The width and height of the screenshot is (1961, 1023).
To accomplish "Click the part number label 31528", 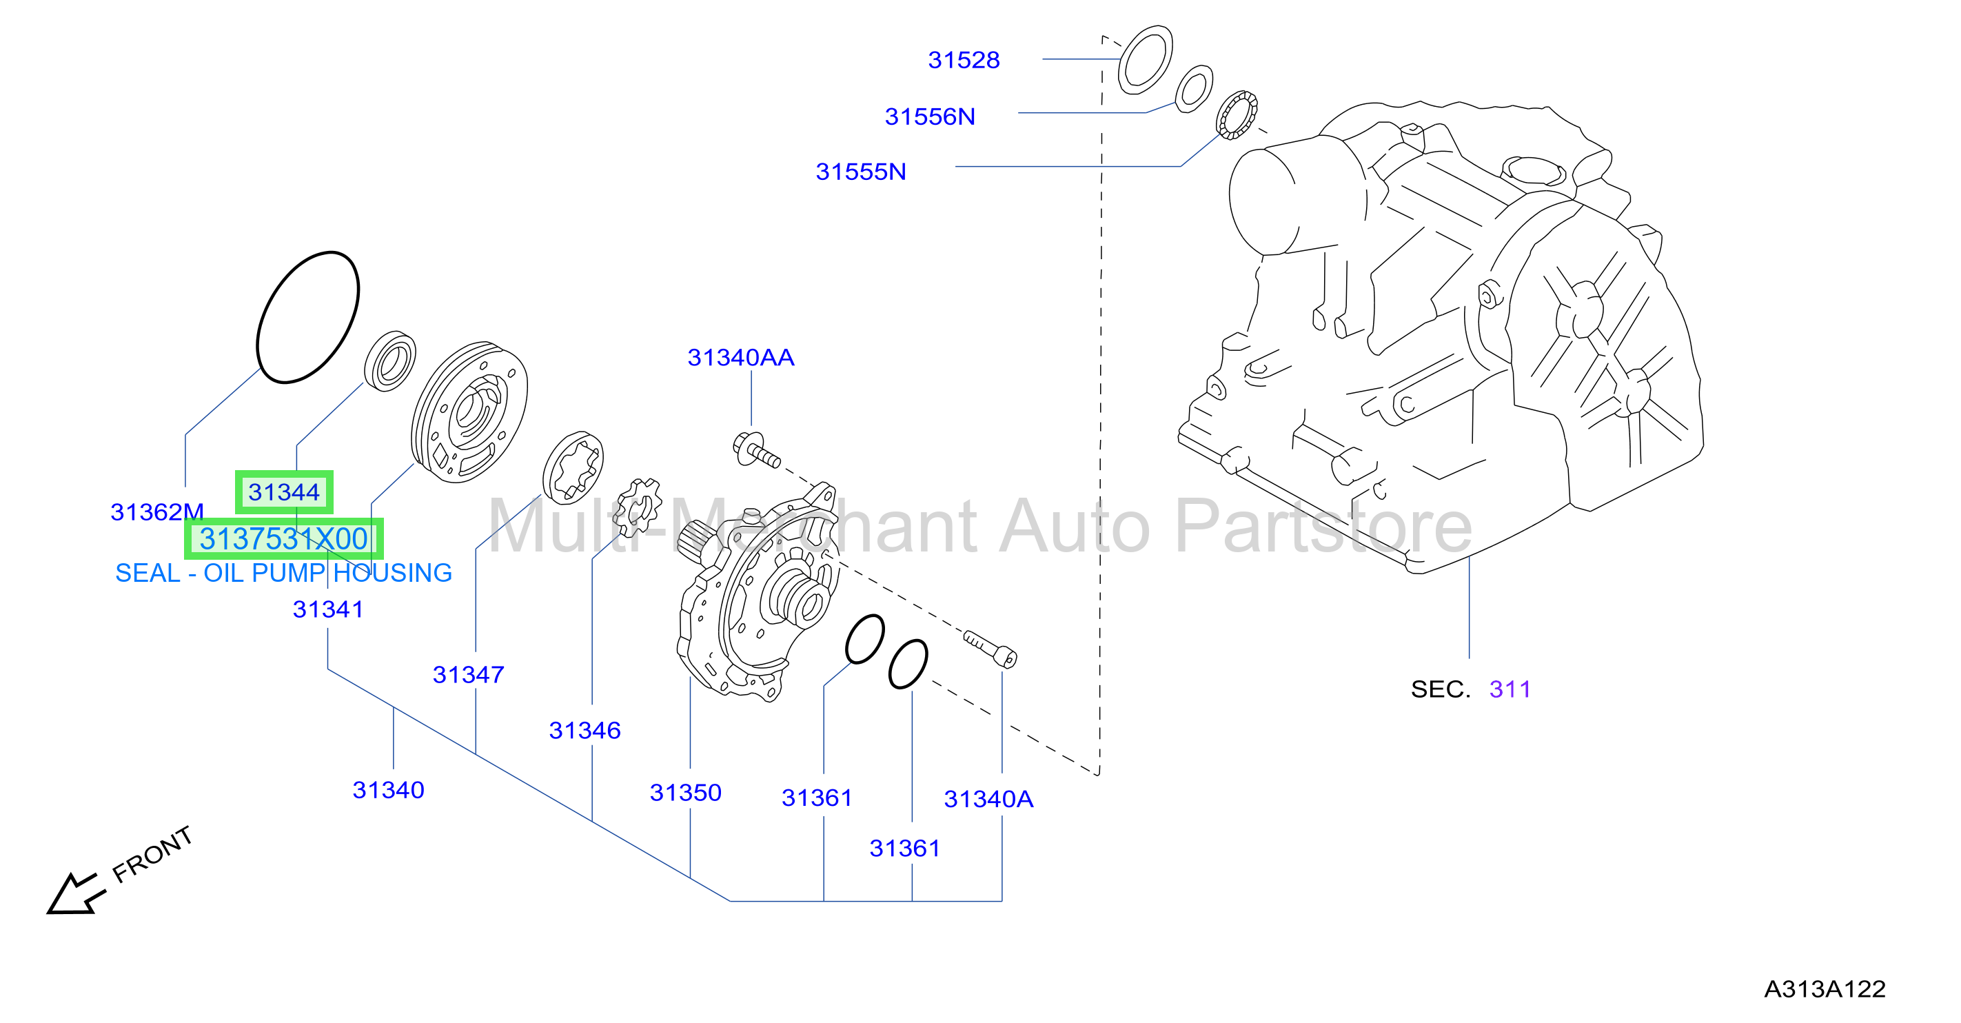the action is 963,60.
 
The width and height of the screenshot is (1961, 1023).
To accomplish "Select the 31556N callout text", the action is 930,117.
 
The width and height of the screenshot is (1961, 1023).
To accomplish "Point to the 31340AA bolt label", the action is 741,358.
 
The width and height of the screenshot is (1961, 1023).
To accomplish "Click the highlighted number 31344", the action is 284,492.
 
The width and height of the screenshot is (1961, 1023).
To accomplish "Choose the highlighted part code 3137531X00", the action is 284,539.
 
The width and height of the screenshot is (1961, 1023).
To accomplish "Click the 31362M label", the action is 157,512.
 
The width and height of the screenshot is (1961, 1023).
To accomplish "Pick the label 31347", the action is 468,675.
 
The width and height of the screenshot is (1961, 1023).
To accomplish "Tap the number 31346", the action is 585,731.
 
